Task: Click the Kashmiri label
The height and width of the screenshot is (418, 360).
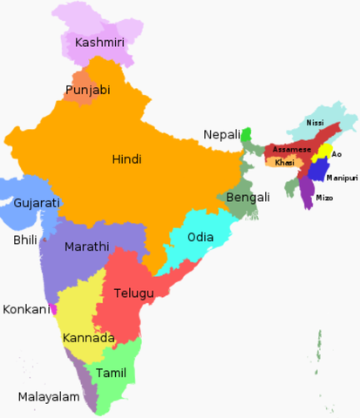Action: click(x=98, y=43)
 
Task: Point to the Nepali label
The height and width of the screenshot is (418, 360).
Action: click(x=221, y=134)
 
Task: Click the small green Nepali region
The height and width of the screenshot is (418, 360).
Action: click(x=247, y=135)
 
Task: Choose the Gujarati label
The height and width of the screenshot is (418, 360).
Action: click(x=37, y=203)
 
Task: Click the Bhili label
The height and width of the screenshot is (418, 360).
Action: click(x=25, y=239)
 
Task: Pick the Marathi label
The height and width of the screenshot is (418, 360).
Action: click(x=86, y=246)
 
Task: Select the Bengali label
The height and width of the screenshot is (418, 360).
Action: click(x=248, y=198)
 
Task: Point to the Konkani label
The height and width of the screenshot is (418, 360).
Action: click(x=25, y=309)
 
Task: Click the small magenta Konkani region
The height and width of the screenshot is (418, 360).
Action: click(x=53, y=309)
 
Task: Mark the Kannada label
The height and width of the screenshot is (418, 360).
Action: click(x=88, y=337)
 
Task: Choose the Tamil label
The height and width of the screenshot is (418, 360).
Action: click(x=111, y=372)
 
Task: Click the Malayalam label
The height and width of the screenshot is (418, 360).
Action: click(x=49, y=397)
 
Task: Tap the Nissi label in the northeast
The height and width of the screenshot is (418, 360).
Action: click(x=315, y=124)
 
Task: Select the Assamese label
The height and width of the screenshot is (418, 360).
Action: click(x=291, y=150)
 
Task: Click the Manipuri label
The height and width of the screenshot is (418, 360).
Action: click(x=342, y=178)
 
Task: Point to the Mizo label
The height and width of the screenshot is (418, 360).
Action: click(x=323, y=199)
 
